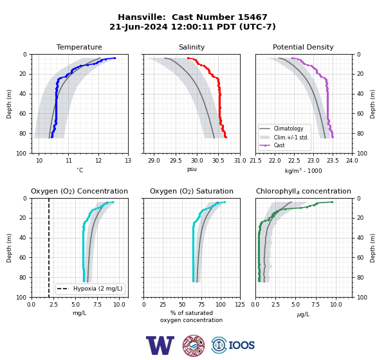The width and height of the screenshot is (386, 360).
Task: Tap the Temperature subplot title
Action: pyautogui.click(x=79, y=47)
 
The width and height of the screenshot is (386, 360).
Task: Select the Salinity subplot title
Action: pyautogui.click(x=192, y=47)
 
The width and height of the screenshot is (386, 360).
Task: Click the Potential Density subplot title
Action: pyautogui.click(x=303, y=47)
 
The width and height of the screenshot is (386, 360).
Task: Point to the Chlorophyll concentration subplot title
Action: pyautogui.click(x=304, y=191)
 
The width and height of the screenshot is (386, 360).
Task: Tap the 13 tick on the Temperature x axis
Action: pyautogui.click(x=128, y=161)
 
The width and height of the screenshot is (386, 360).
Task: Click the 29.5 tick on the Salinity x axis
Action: pyautogui.click(x=175, y=161)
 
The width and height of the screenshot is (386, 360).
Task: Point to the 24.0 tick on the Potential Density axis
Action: pyautogui.click(x=352, y=161)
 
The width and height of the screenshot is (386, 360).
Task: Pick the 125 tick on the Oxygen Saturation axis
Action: pyautogui.click(x=240, y=305)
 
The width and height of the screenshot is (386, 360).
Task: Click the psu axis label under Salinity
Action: pyautogui.click(x=192, y=169)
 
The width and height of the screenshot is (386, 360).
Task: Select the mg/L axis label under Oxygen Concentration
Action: pyautogui.click(x=79, y=313)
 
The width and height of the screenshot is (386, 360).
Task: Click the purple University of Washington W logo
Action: pyautogui.click(x=160, y=345)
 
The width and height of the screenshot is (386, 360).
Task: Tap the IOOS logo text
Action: pyautogui.click(x=241, y=345)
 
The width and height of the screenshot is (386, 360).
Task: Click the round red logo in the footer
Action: pyautogui.click(x=194, y=345)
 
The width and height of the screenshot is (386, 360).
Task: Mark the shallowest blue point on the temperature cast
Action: pyautogui.click(x=115, y=58)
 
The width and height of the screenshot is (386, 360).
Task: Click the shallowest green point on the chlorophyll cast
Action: pyautogui.click(x=332, y=202)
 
